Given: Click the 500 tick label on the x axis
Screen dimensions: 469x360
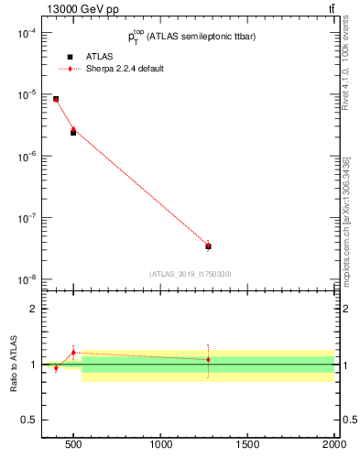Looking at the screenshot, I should click(73, 446).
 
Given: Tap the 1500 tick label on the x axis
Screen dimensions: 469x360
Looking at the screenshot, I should click(248, 446).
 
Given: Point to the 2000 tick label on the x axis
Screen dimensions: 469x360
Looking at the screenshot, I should click(333, 446).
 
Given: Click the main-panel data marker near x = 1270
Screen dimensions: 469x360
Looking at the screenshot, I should click(208, 245).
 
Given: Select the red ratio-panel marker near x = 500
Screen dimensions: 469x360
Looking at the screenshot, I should click(73, 352).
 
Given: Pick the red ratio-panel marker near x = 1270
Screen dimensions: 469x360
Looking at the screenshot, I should click(208, 359).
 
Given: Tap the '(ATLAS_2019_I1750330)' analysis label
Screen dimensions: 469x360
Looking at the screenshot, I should click(191, 274).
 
